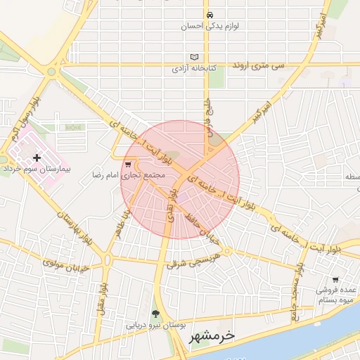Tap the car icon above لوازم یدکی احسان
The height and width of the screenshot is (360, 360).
[x=209, y=15]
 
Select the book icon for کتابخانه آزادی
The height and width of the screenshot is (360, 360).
[x=195, y=58]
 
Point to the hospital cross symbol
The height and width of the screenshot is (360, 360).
[x=37, y=158]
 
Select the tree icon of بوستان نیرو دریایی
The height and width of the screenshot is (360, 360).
[x=155, y=314]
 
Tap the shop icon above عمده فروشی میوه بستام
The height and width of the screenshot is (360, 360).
[x=335, y=279]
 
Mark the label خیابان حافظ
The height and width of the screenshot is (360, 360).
[x=205, y=229]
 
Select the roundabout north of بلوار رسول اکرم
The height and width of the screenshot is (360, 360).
[x=51, y=71]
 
